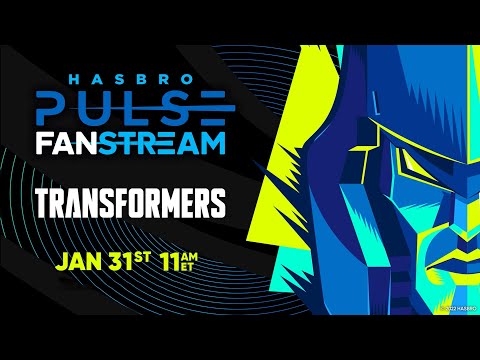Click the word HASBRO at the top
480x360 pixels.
pos(131,76)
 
